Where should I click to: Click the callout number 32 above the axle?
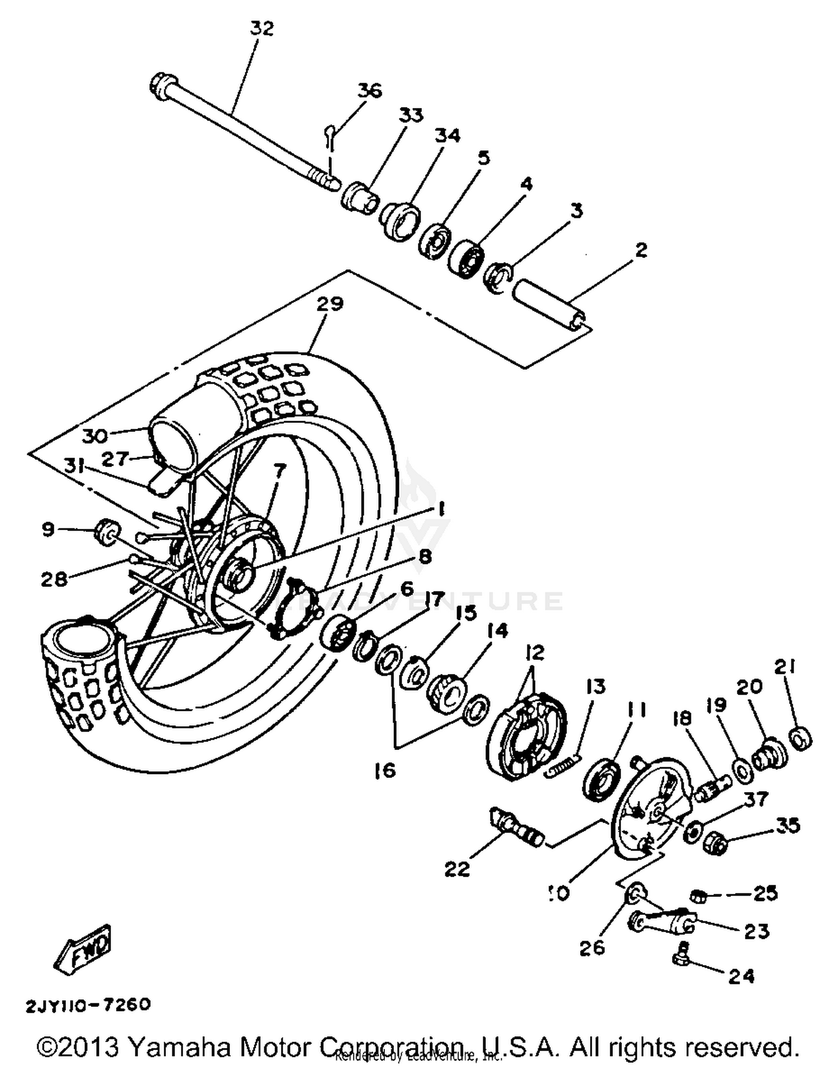(x=261, y=29)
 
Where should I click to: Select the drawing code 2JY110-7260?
(x=88, y=1005)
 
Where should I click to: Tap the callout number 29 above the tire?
(x=330, y=305)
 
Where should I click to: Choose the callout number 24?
(x=741, y=976)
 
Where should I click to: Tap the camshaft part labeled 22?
(x=514, y=830)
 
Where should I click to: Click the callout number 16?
(x=385, y=771)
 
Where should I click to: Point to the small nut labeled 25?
(x=698, y=896)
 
